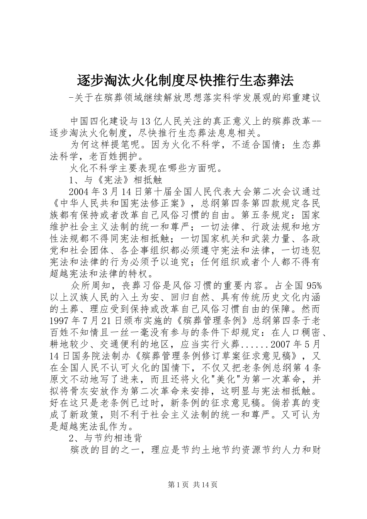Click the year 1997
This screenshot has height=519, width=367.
[x=62, y=321]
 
